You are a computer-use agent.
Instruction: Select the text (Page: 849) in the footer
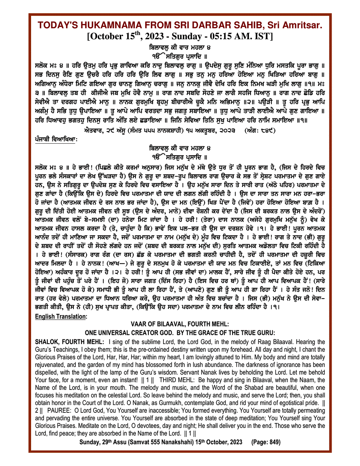coord(266,442)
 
